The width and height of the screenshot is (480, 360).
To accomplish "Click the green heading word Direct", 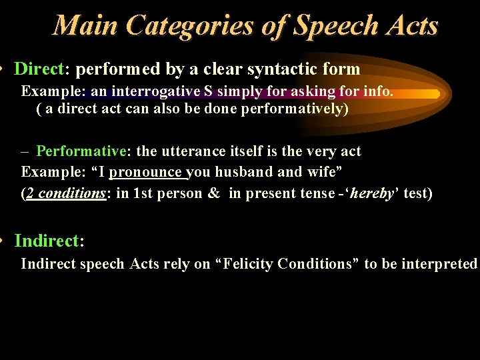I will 38,69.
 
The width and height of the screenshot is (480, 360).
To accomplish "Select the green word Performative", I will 81,151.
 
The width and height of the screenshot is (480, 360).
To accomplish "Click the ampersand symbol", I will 214,193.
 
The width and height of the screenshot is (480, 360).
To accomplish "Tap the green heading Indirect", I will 46,240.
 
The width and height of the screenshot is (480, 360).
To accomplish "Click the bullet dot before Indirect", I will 3,240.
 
